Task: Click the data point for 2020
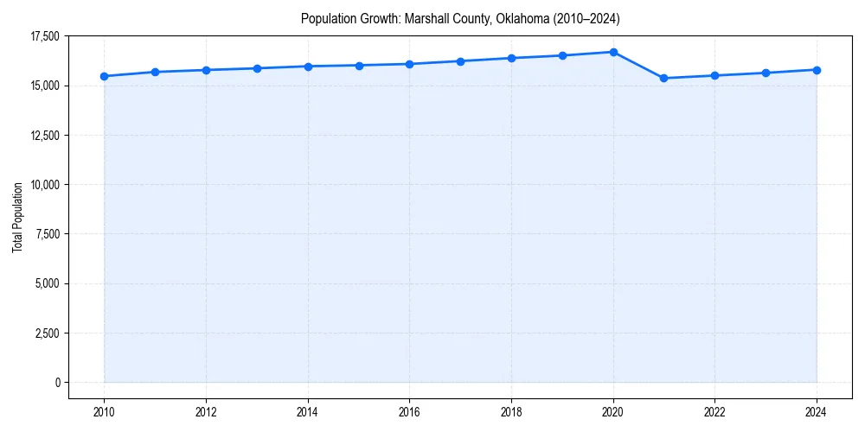pyautogui.click(x=613, y=52)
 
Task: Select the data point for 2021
pyautogui.click(x=663, y=79)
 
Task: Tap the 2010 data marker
pyautogui.click(x=104, y=76)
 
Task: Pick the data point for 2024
pyautogui.click(x=817, y=70)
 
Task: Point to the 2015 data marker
pyautogui.click(x=359, y=65)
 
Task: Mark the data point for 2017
pyautogui.click(x=460, y=61)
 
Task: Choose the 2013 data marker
pyautogui.click(x=257, y=68)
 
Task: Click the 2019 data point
pyautogui.click(x=562, y=55)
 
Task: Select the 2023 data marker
pyautogui.click(x=766, y=73)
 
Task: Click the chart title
pyautogui.click(x=460, y=18)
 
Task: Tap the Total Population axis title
pyautogui.click(x=17, y=217)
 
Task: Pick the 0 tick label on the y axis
pyautogui.click(x=57, y=382)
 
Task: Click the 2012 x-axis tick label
pyautogui.click(x=206, y=411)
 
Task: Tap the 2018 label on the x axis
pyautogui.click(x=511, y=411)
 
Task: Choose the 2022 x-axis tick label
pyautogui.click(x=714, y=411)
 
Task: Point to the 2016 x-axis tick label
pyautogui.click(x=409, y=411)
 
